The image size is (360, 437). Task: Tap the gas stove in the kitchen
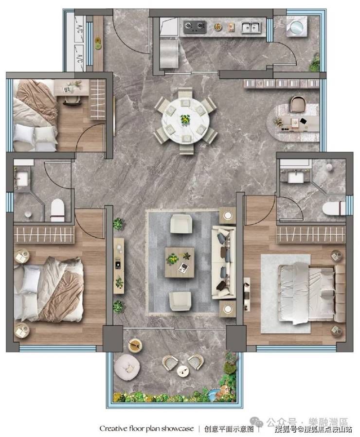click(x=195, y=27)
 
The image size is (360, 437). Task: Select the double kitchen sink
click(x=251, y=27)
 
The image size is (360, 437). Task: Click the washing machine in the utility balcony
click(x=297, y=26)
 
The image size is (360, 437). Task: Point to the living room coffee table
click(x=180, y=262)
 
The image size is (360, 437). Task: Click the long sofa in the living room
click(x=223, y=262)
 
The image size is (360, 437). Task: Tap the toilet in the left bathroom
click(x=57, y=210)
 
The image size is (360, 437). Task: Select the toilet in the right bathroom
click(x=334, y=209)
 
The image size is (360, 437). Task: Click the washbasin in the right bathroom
click(x=296, y=177)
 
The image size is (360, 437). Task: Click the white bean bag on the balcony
click(x=127, y=367)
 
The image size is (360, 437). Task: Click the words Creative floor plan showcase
click(x=146, y=428)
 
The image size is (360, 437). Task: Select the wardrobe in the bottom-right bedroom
click(x=311, y=234)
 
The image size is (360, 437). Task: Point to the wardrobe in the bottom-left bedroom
click(x=44, y=234)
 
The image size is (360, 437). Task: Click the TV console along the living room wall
click(x=119, y=266)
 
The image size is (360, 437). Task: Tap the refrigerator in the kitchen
click(x=169, y=53)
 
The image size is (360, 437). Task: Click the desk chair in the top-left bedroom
click(x=72, y=101)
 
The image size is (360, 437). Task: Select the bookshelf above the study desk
click(x=281, y=83)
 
